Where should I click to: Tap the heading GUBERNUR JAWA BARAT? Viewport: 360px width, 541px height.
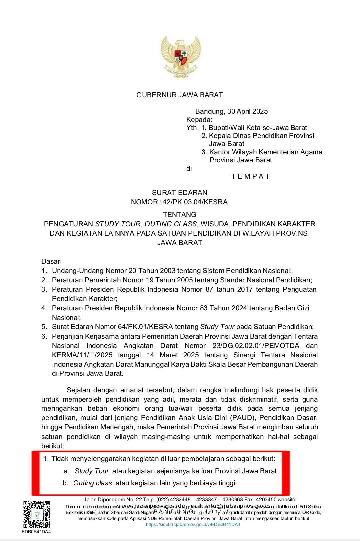pos(179,95)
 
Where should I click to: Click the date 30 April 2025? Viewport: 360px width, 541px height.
pos(248,111)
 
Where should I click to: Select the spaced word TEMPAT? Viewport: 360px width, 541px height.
pos(250,176)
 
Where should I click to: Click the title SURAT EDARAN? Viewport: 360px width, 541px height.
pos(179,193)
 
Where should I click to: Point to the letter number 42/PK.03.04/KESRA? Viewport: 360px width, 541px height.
pos(195,202)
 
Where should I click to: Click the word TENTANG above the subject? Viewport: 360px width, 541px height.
pos(179,215)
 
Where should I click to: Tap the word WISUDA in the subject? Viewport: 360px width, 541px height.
pos(214,224)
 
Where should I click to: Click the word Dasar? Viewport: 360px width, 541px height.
pos(51,261)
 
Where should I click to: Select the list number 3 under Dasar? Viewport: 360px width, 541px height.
pos(44,289)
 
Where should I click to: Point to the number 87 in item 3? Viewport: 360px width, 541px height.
pos(209,289)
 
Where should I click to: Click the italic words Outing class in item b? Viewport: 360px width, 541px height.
pos(92,483)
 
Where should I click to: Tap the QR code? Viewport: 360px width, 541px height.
pos(36,514)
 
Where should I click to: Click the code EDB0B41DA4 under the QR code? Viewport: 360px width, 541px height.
pos(36,532)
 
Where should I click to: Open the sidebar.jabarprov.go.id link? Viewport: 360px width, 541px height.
pos(193,524)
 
